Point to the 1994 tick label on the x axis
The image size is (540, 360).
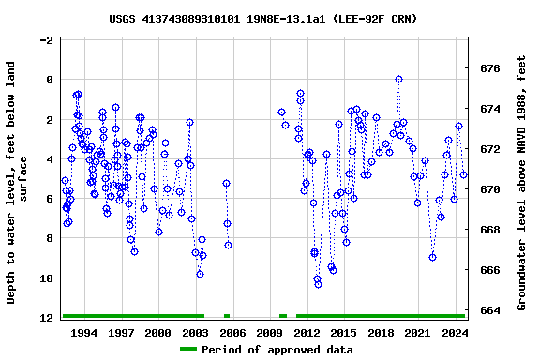click(84, 333)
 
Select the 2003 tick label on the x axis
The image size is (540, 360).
click(195, 333)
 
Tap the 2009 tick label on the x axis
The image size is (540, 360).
click(269, 333)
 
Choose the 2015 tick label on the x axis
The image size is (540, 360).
click(344, 333)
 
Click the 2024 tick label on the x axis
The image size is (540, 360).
click(455, 333)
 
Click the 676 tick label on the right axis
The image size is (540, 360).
click(489, 68)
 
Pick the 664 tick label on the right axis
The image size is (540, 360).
click(489, 309)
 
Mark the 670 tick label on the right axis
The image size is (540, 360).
click(489, 189)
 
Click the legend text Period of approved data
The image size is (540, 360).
click(277, 350)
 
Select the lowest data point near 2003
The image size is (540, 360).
click(200, 274)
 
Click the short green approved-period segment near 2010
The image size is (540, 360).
click(283, 316)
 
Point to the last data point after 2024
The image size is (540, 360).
click(463, 174)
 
